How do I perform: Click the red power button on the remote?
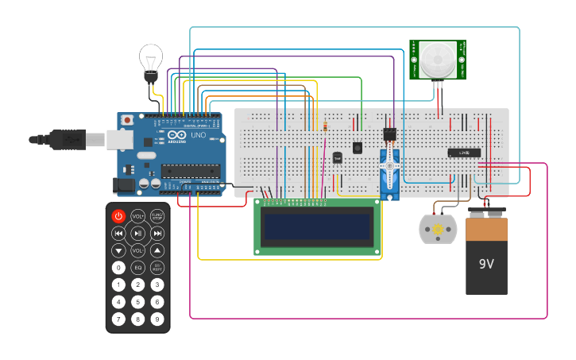tap(118, 216)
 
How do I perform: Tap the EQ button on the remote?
tap(137, 267)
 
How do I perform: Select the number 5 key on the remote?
tap(137, 302)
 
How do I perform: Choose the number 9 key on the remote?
tap(157, 319)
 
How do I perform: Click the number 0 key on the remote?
tap(118, 267)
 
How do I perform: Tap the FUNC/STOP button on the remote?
tap(157, 216)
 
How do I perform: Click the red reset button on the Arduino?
tap(126, 120)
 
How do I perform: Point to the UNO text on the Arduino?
tap(197, 136)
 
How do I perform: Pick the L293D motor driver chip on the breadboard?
tap(464, 152)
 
